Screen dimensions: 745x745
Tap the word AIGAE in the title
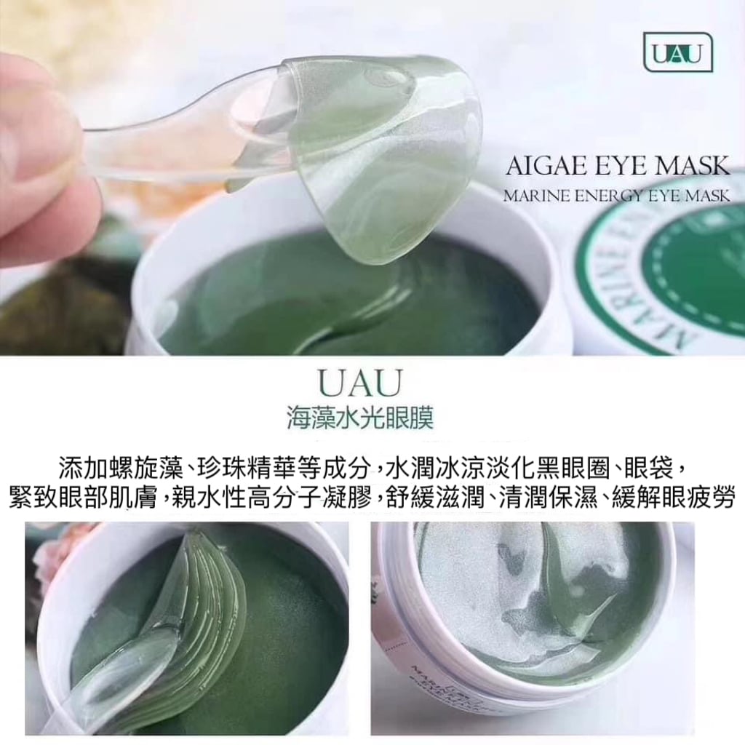[539, 167]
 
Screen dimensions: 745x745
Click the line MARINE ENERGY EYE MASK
[616, 196]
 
